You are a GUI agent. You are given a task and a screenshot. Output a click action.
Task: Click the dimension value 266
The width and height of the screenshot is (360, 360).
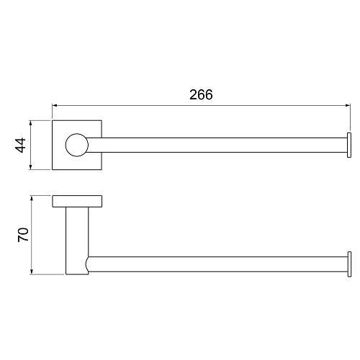coord(201,95)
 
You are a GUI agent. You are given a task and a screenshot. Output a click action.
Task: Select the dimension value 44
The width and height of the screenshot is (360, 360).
coord(20,145)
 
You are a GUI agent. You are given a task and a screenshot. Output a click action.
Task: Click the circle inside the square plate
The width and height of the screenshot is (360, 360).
coord(76,145)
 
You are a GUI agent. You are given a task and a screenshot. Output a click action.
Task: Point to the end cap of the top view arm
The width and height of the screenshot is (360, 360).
coord(349,145)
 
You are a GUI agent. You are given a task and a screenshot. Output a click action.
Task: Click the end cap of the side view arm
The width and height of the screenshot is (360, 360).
coord(349,264)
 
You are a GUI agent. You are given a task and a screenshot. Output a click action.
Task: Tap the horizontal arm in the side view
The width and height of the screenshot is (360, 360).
coord(216,264)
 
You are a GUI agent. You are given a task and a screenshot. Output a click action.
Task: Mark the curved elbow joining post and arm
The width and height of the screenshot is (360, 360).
coord(87,264)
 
